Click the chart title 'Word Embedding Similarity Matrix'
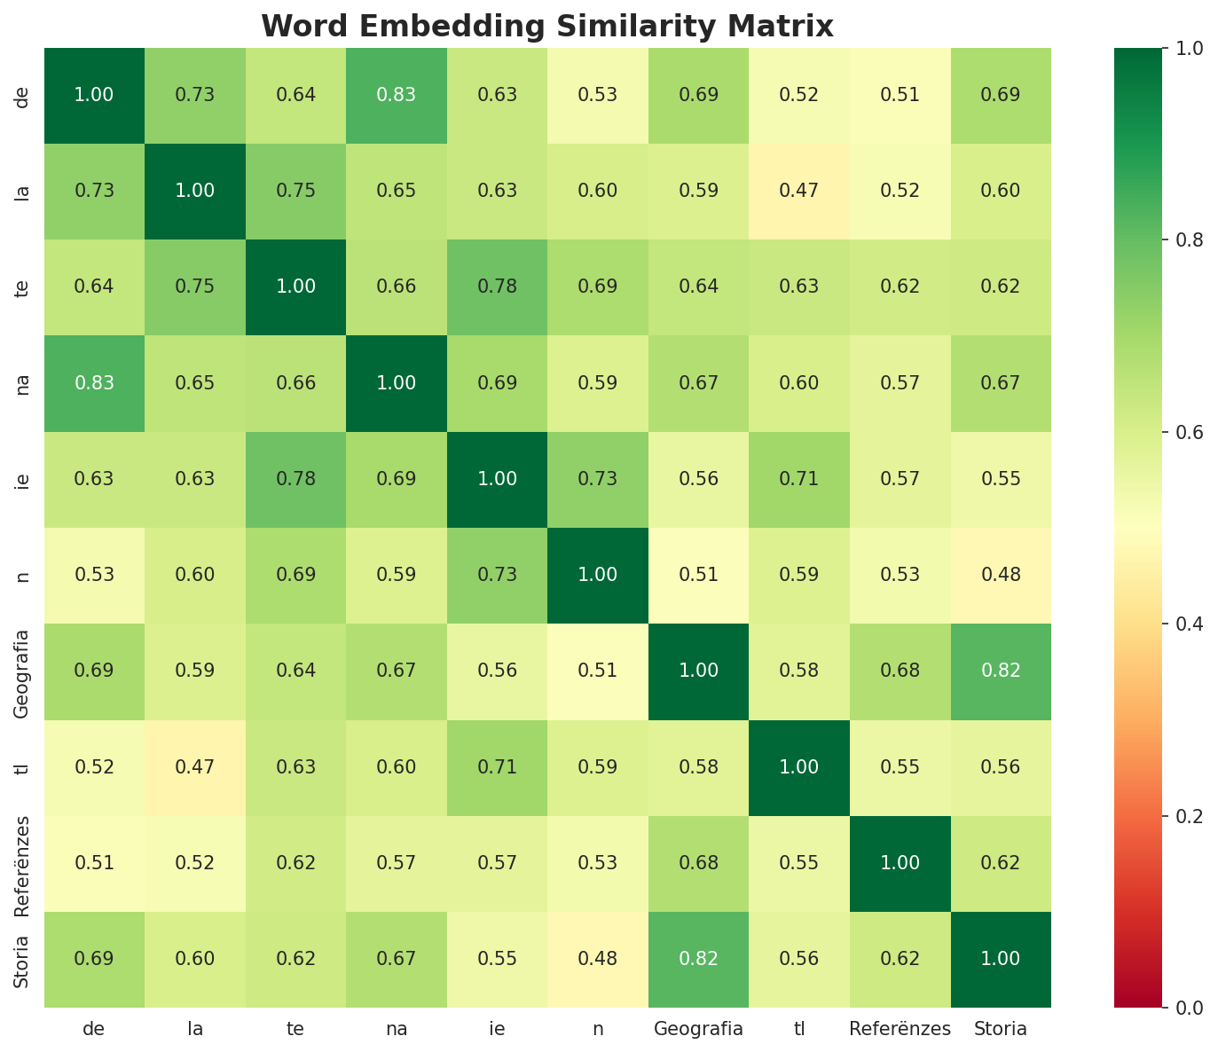547,27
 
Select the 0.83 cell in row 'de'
397,95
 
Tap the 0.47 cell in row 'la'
799,191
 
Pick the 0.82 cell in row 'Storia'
698,959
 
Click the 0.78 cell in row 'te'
498,287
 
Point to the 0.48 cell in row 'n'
1001,575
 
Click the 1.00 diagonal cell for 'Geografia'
698,671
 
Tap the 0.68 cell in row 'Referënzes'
698,863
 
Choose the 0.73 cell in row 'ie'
598,479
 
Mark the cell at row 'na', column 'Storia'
1001,383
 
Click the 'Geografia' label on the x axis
698,1030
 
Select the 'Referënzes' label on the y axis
22,863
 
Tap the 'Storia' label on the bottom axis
1001,1030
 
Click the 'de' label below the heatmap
94,1030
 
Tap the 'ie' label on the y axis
22,479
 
